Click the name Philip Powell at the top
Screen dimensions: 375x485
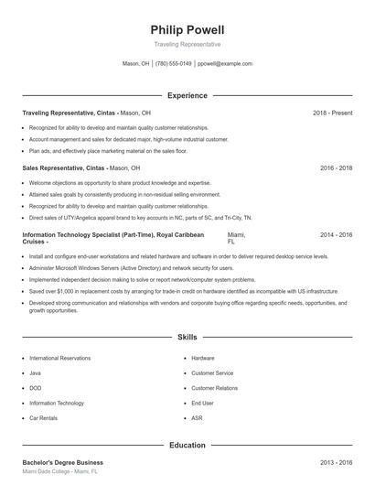[187, 30]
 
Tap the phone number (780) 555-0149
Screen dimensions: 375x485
[174, 64]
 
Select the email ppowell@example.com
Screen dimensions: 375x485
[225, 64]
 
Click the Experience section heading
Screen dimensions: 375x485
[187, 95]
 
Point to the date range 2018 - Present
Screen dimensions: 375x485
[332, 113]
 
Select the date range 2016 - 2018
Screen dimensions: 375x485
[336, 168]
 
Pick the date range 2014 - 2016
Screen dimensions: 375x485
[336, 235]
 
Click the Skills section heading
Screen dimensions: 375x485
[187, 338]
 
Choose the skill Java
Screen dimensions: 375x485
[36, 373]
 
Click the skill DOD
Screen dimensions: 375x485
[36, 388]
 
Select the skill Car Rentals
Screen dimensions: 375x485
[44, 418]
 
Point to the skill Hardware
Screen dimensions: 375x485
[203, 358]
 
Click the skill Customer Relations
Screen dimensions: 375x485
[214, 388]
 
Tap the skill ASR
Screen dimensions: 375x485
[198, 418]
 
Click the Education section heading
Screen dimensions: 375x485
[187, 446]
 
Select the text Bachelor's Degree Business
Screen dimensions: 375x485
[62, 463]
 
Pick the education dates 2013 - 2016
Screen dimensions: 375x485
[336, 463]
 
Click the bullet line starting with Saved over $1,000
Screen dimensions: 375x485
[183, 290]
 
